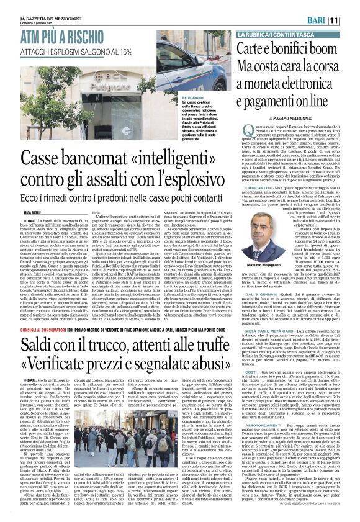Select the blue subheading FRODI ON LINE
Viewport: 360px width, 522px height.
tap(256, 168)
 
